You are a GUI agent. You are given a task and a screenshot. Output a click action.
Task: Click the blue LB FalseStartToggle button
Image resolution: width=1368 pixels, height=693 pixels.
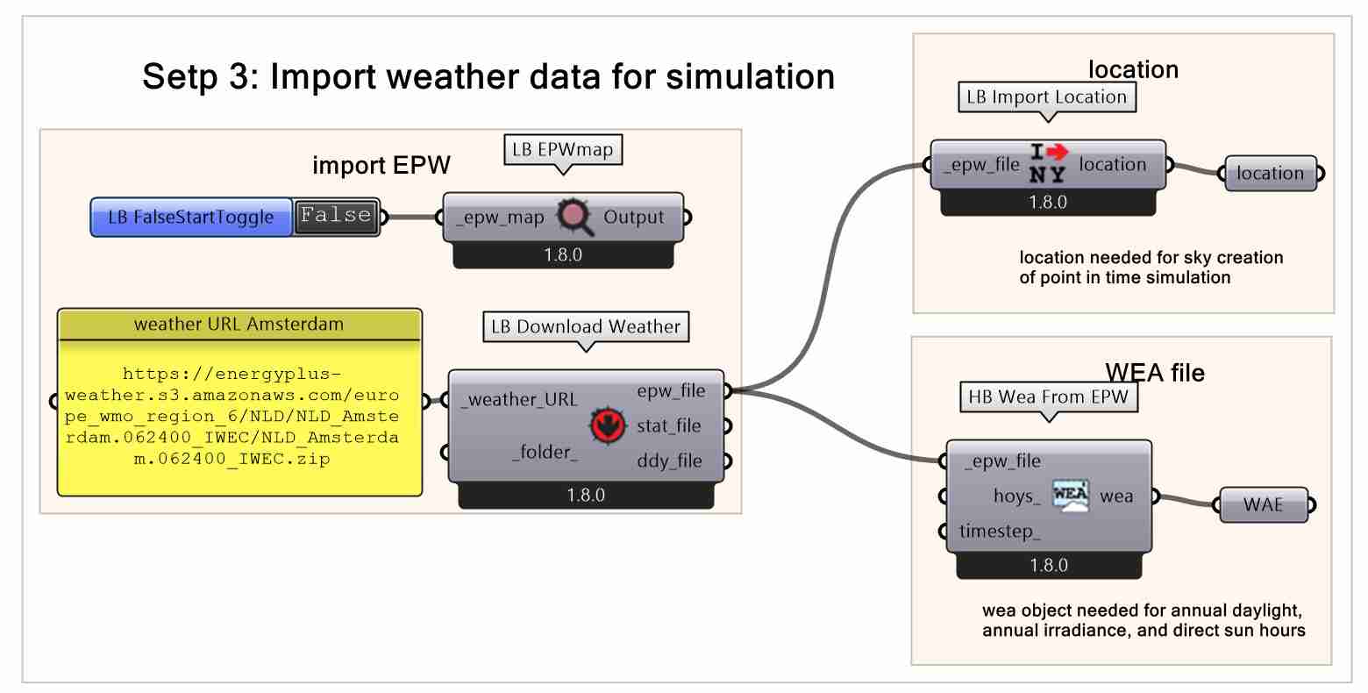pyautogui.click(x=191, y=218)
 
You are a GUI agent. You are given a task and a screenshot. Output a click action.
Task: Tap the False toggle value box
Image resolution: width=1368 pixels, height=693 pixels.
pyautogui.click(x=337, y=217)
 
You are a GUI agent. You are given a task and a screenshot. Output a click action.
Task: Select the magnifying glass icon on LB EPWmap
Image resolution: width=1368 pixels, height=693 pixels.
pyautogui.click(x=574, y=217)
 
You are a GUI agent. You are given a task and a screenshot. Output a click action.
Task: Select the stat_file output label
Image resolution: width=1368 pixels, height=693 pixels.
pyautogui.click(x=669, y=426)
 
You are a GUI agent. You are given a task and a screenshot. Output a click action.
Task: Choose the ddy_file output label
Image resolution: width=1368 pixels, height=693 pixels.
pyautogui.click(x=669, y=461)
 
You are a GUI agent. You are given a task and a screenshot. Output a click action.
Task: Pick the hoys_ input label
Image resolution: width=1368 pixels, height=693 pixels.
pyautogui.click(x=1016, y=497)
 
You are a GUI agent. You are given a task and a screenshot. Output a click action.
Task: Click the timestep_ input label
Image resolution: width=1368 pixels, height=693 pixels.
pyautogui.click(x=1001, y=532)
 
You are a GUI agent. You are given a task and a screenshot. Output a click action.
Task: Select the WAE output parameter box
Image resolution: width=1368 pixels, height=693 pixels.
pyautogui.click(x=1264, y=504)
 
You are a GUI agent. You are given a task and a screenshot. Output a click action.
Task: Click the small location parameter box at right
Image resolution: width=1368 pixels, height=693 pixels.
pyautogui.click(x=1270, y=174)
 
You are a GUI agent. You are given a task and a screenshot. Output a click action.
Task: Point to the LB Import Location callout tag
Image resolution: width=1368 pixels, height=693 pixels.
pyautogui.click(x=1046, y=96)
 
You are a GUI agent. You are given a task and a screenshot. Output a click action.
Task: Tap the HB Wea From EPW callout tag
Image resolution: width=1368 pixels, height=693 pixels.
pyautogui.click(x=1048, y=397)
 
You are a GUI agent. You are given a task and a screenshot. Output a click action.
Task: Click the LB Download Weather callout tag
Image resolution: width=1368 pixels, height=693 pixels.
pyautogui.click(x=586, y=327)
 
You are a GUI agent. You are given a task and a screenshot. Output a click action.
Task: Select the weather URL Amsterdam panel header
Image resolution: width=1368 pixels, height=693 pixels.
pyautogui.click(x=239, y=324)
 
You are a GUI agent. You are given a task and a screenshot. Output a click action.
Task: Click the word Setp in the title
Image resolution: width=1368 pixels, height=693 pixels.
pyautogui.click(x=179, y=77)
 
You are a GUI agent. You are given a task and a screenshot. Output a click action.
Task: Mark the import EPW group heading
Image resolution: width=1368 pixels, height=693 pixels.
pyautogui.click(x=381, y=166)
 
